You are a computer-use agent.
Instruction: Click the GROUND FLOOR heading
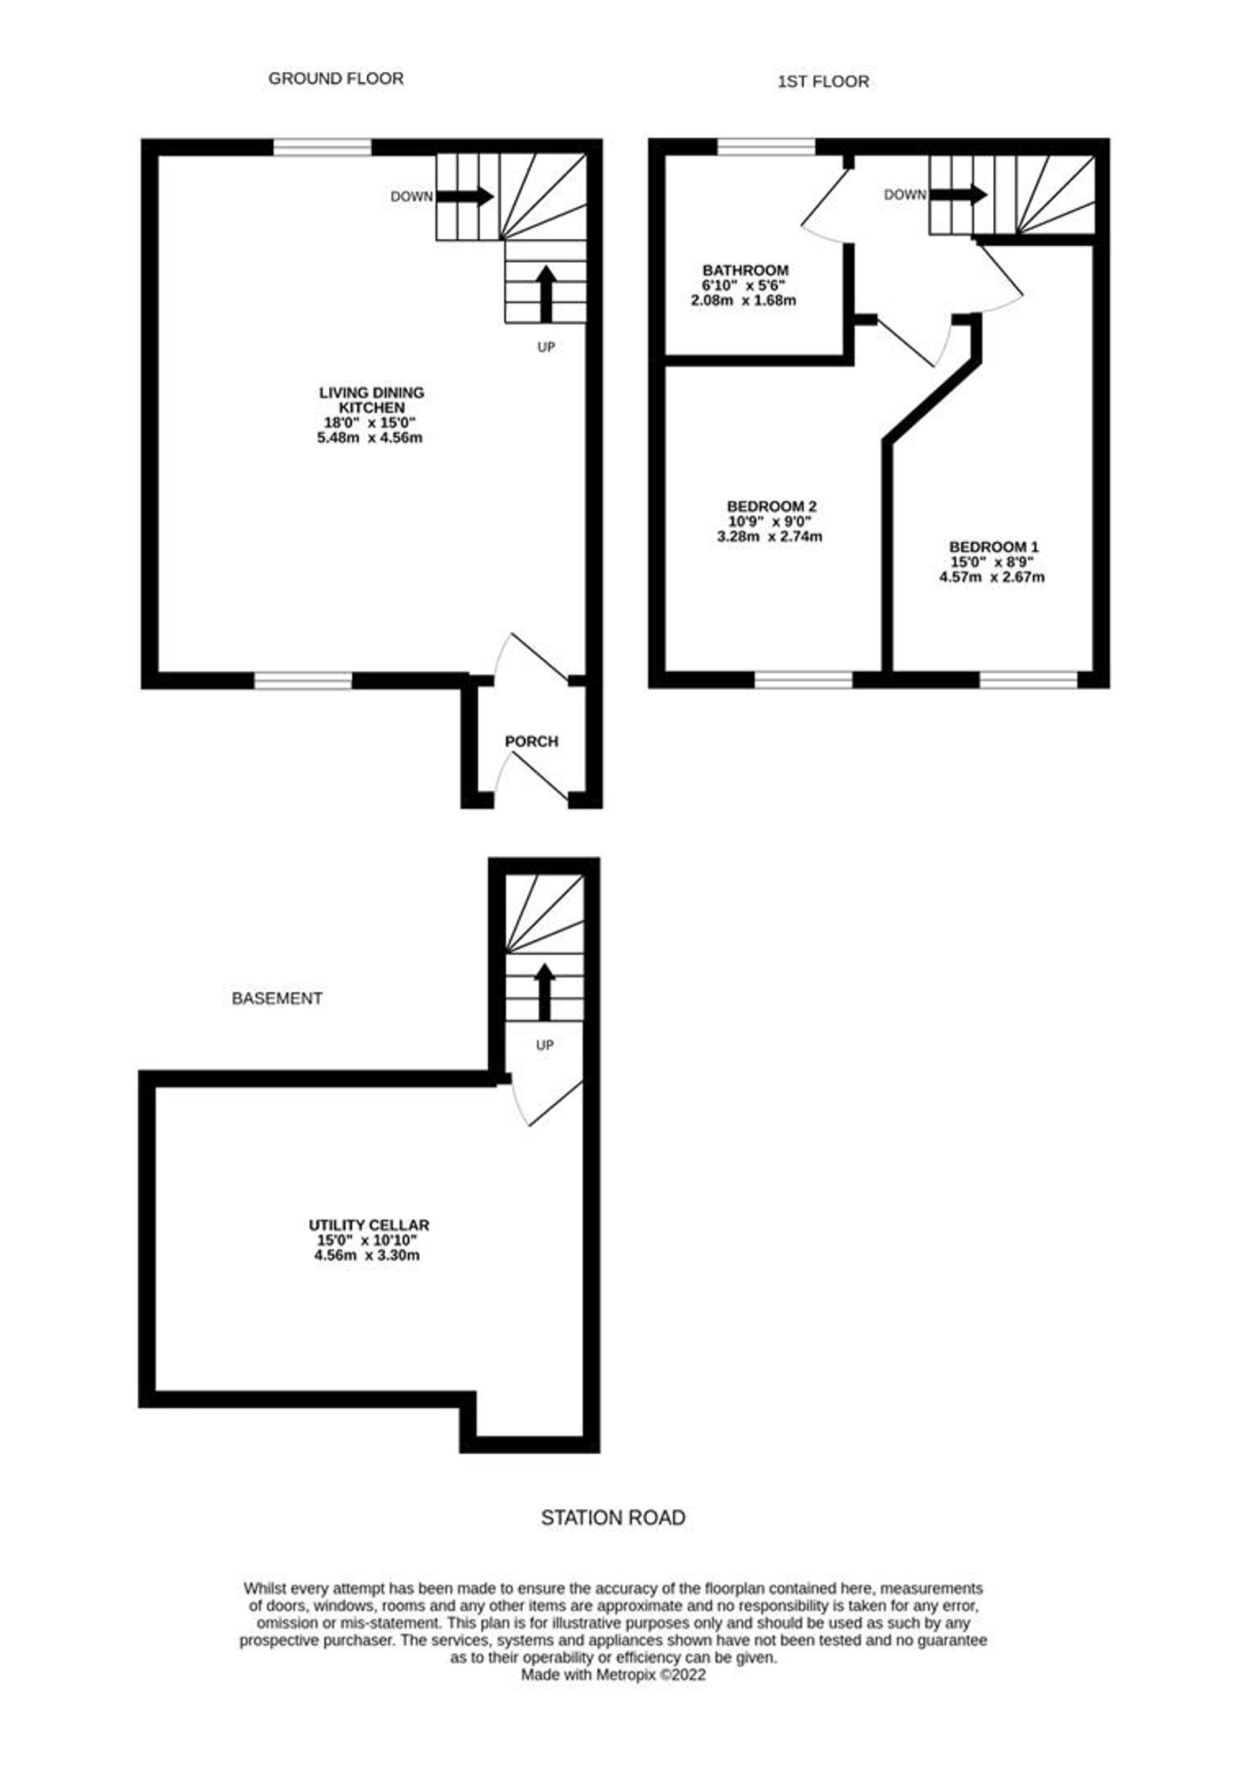pos(335,79)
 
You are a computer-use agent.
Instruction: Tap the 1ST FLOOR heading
pos(823,82)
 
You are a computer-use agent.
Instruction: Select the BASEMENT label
pos(277,998)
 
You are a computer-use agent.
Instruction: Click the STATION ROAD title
pos(613,1518)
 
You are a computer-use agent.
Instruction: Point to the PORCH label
pos(531,741)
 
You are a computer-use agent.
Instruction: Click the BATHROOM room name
pos(745,270)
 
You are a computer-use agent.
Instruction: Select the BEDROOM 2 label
pos(771,506)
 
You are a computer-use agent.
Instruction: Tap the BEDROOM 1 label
pos(994,547)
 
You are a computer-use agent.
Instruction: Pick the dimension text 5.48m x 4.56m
pos(370,438)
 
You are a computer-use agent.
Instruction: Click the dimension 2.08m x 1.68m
pos(744,301)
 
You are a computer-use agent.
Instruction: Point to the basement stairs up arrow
pos(545,991)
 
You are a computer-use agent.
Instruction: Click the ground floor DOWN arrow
pos(464,196)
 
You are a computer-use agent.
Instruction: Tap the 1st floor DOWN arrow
pos(958,194)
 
